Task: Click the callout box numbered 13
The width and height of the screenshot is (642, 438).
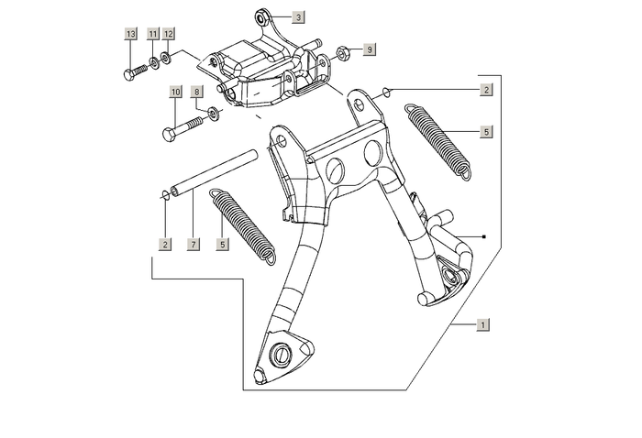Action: pyautogui.click(x=131, y=34)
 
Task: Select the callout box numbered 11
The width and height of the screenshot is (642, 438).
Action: pyautogui.click(x=153, y=34)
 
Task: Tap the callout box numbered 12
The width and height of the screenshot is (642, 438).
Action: pyautogui.click(x=168, y=34)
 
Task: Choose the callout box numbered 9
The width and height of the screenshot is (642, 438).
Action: pyautogui.click(x=369, y=49)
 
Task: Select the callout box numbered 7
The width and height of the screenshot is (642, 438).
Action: pyautogui.click(x=193, y=245)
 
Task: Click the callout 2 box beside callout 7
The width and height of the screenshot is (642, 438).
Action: pyautogui.click(x=164, y=245)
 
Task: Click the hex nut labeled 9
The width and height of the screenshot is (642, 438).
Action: pyautogui.click(x=339, y=51)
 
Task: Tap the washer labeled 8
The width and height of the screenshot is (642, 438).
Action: pyautogui.click(x=214, y=114)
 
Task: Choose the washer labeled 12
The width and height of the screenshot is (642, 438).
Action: pyautogui.click(x=165, y=60)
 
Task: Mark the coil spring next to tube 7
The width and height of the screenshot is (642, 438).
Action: pyautogui.click(x=241, y=226)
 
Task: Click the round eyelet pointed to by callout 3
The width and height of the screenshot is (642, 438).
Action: pyautogui.click(x=262, y=16)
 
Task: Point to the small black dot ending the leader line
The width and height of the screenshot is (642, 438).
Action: pyautogui.click(x=484, y=237)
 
